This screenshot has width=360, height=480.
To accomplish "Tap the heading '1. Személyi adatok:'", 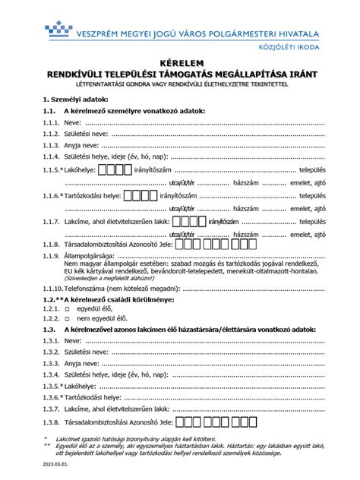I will coord(75,99).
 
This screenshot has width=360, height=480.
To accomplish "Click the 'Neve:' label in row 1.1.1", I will coord(73,122).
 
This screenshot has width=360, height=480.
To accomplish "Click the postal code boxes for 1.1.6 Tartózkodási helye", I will coord(140,195).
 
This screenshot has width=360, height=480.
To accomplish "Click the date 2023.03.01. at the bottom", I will coord(56,463).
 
